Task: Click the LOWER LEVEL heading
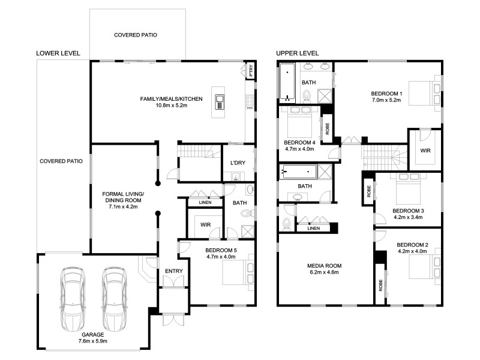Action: [58, 53]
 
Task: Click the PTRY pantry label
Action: [251, 71]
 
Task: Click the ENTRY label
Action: [173, 272]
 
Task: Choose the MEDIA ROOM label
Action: [324, 269]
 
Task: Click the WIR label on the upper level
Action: [425, 151]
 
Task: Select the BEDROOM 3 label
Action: [408, 214]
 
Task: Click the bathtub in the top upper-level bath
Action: [287, 82]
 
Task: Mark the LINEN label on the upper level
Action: [313, 228]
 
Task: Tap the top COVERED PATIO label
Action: [136, 35]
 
